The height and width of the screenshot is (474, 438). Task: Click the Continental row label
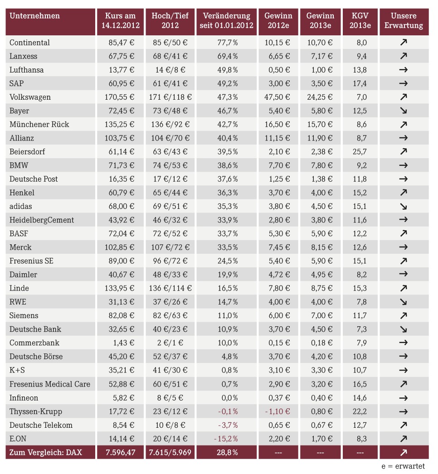point(29,42)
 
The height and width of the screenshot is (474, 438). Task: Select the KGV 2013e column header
point(360,20)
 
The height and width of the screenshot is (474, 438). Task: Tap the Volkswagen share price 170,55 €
point(120,97)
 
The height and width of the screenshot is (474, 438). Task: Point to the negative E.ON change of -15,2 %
point(226,439)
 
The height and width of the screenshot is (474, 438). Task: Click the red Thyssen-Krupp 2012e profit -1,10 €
point(277,411)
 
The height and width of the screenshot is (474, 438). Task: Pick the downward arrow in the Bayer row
point(404,111)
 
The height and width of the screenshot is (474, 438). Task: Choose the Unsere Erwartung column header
point(404,20)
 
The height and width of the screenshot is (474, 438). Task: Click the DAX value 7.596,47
point(121,452)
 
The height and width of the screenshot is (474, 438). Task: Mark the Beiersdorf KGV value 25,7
point(360,151)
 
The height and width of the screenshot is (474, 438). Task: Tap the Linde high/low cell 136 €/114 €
point(170,288)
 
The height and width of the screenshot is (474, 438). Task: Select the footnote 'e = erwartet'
point(403,466)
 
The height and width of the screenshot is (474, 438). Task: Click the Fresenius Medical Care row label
point(50,384)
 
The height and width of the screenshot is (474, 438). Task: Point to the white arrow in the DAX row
point(404,452)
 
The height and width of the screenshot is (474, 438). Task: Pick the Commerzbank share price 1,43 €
point(124,343)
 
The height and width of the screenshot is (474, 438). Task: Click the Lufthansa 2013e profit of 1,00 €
point(322,70)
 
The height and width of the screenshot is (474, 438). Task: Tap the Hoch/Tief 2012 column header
point(170,20)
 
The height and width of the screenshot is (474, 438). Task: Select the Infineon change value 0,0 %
point(229,398)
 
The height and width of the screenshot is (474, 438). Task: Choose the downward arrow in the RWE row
point(404,302)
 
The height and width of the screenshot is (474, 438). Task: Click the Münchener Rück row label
point(39,124)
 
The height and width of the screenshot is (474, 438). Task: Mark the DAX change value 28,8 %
point(227,452)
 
